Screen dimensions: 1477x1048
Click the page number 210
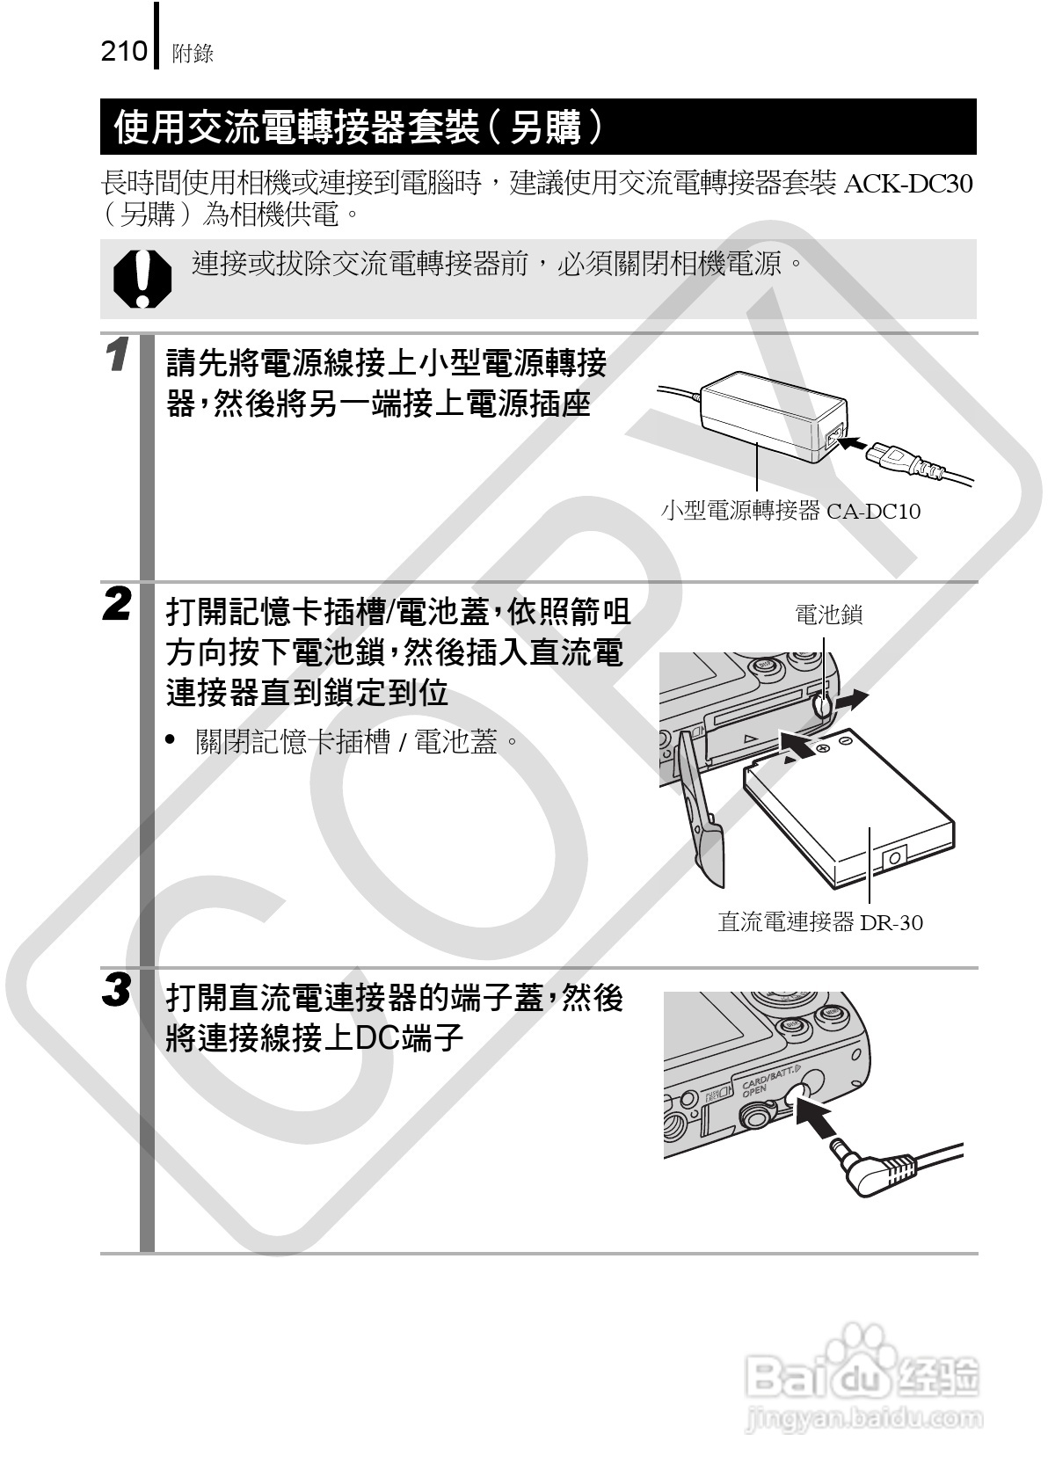pos(124,53)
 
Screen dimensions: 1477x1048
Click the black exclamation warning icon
pos(142,279)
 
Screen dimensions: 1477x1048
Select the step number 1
pos(119,358)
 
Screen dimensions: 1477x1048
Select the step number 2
pos(119,605)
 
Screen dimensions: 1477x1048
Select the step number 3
pos(119,991)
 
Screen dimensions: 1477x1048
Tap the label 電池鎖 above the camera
pos(828,615)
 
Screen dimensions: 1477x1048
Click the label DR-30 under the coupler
pos(892,922)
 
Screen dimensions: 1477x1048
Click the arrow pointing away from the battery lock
pos(851,701)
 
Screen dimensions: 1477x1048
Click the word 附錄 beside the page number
pos(193,55)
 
